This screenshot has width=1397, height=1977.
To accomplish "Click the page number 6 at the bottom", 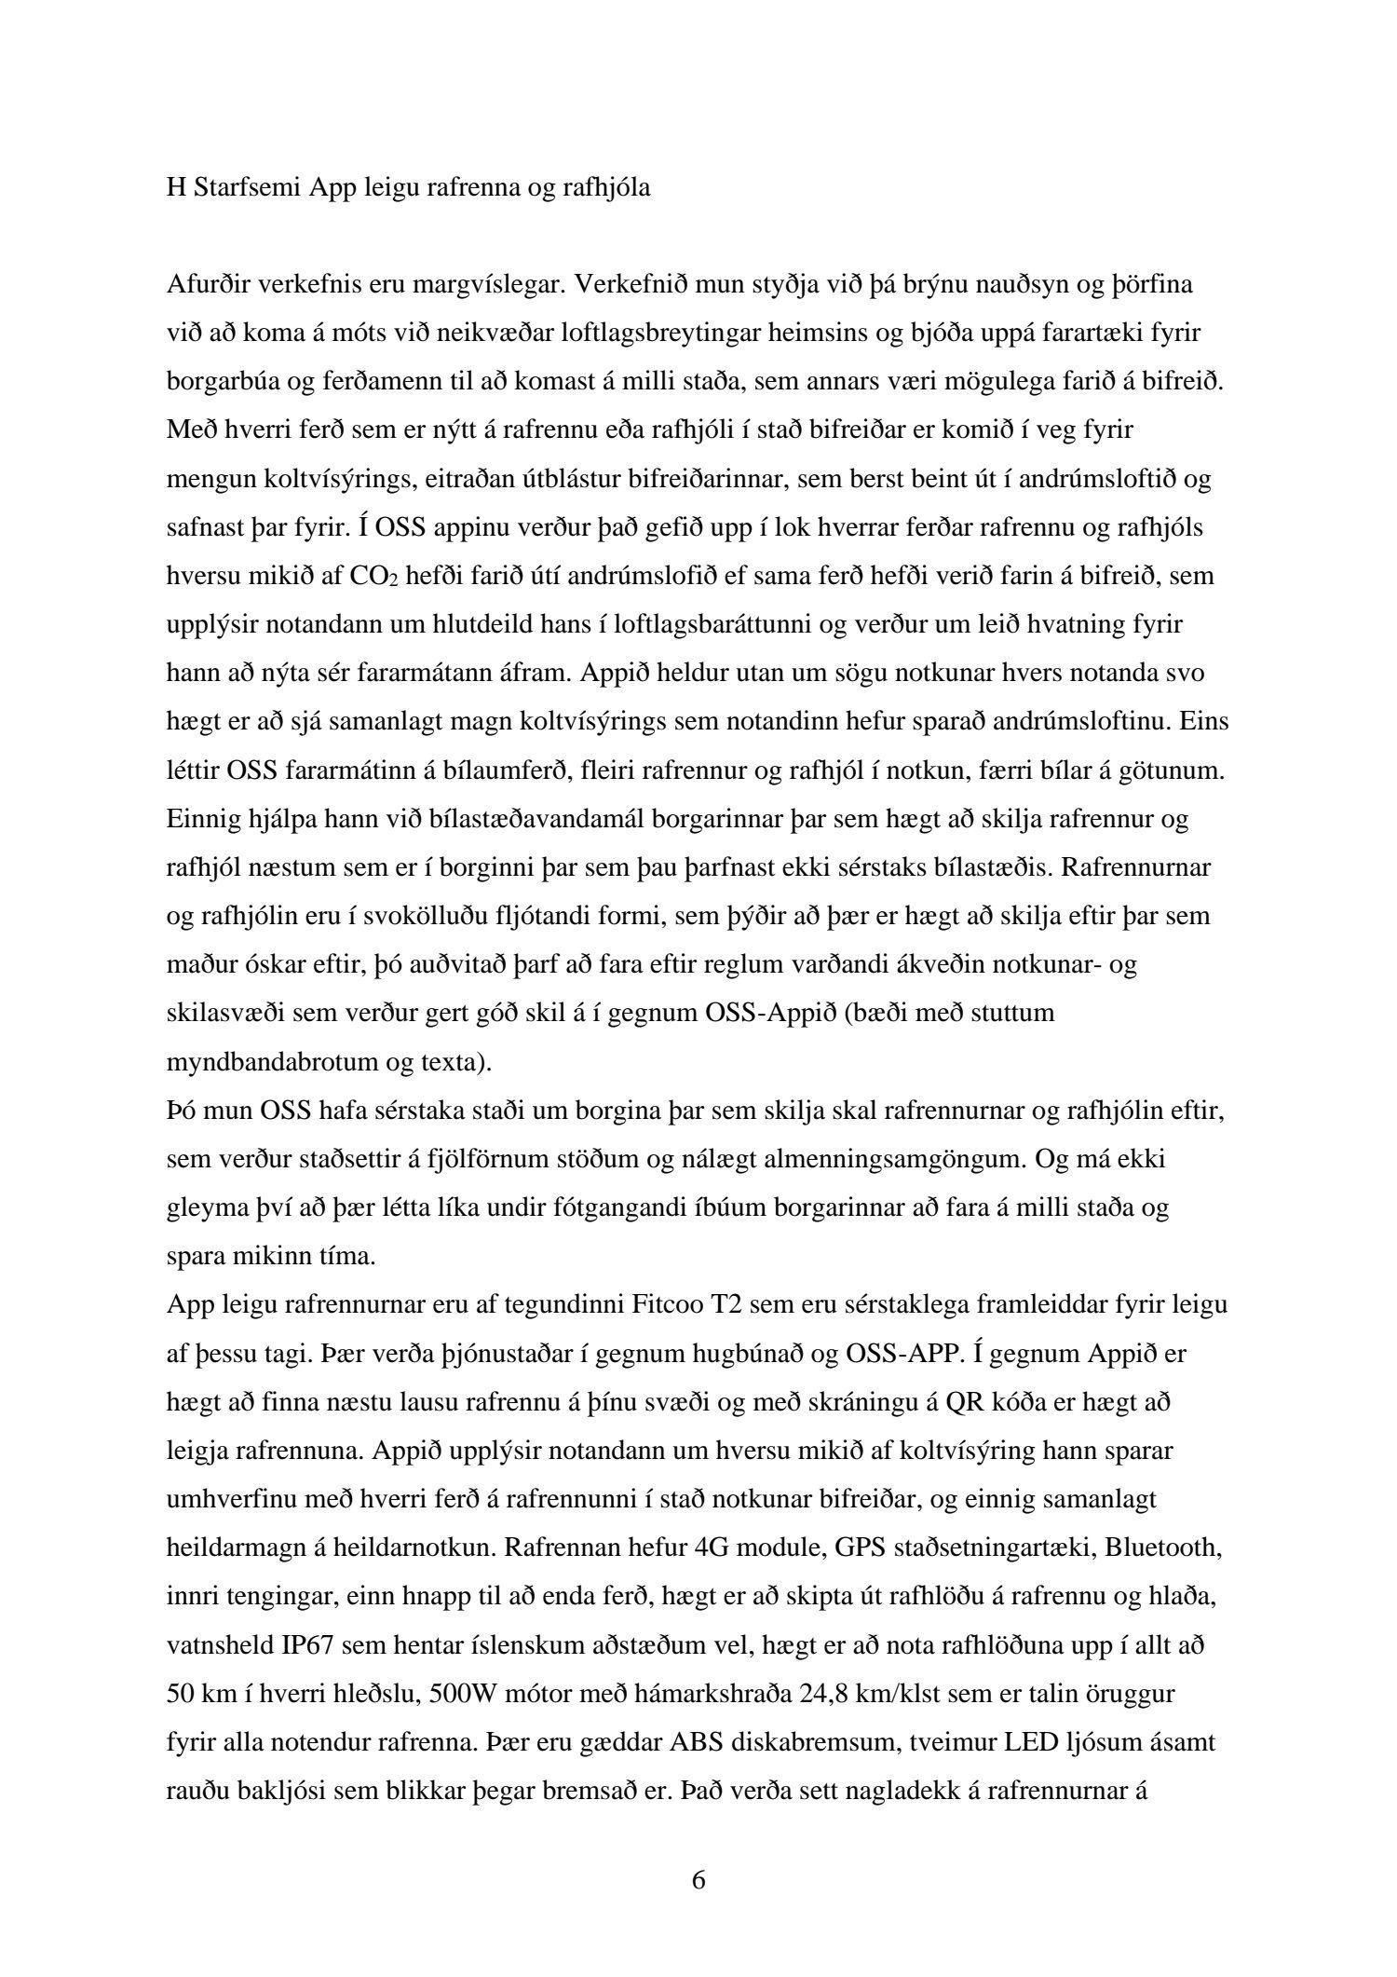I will (x=698, y=1880).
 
